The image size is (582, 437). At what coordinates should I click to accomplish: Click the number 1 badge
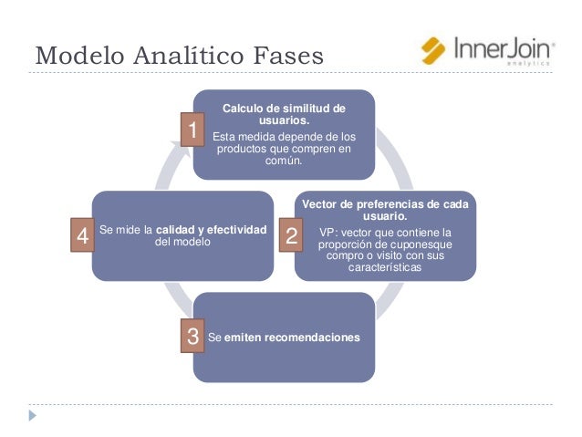tap(192, 130)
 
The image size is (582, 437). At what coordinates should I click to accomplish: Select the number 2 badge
tap(292, 237)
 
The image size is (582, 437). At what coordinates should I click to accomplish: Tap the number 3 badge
tap(192, 338)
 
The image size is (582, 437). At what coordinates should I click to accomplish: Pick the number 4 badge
tap(82, 237)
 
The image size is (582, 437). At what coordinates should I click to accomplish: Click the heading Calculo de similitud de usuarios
tap(284, 114)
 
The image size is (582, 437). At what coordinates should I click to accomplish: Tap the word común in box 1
tap(284, 161)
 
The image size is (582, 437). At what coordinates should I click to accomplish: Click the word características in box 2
tap(384, 269)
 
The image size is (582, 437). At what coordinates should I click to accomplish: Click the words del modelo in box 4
tap(182, 243)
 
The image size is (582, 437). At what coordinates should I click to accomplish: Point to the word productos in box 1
tap(242, 150)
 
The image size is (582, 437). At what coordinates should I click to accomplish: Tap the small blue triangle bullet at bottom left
tap(34, 415)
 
